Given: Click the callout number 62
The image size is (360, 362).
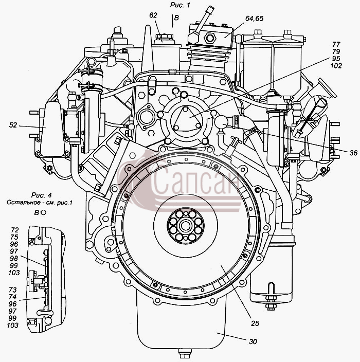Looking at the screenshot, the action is click(153, 15).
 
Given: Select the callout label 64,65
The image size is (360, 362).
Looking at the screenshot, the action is click(254, 19).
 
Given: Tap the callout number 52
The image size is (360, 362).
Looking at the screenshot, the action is click(13, 125).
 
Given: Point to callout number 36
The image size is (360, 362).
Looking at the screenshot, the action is click(353, 153).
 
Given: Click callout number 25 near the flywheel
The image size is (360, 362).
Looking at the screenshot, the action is click(255, 323).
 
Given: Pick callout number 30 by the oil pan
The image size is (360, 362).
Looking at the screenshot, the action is click(253, 341).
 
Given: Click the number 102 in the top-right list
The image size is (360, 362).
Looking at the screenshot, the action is click(336, 66).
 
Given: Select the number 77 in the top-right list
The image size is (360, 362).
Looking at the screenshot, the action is click(336, 44).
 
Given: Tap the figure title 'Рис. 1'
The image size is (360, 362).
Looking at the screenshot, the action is click(180, 5).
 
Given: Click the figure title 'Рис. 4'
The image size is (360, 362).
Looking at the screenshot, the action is click(42, 195).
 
